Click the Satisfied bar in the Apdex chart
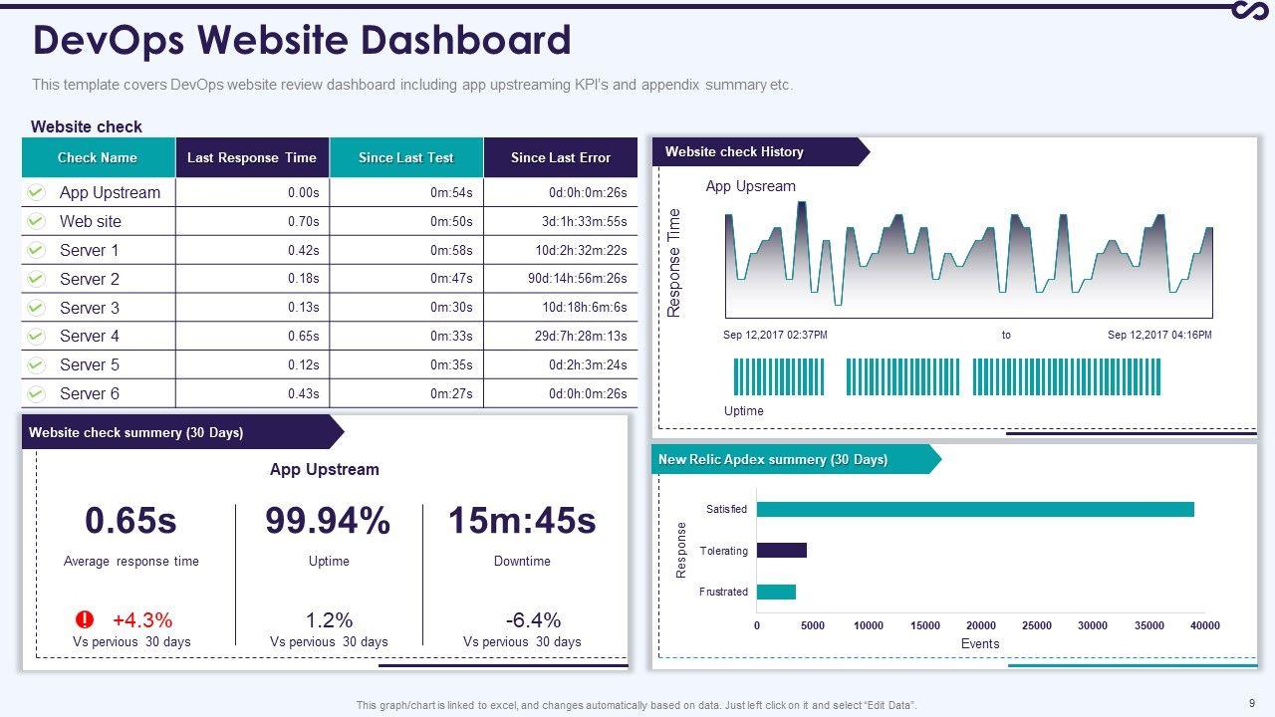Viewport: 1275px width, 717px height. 974,509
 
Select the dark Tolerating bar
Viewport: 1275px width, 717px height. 781,550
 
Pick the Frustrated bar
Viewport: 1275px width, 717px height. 776,592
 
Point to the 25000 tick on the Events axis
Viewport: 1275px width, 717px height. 1037,625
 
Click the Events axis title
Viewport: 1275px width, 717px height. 980,643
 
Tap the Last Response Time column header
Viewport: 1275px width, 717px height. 252,157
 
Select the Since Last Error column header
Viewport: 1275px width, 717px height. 560,157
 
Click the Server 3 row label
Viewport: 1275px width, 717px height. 90,308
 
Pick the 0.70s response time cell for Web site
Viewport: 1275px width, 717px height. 303,221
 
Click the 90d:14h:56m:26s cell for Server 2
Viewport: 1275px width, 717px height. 578,279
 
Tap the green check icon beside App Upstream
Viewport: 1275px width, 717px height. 36,192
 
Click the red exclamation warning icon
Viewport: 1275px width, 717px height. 86,619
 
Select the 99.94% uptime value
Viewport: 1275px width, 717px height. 328,521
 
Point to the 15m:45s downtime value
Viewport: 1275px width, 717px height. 522,521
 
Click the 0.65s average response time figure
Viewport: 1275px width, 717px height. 130,521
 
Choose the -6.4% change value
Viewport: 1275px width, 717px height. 533,619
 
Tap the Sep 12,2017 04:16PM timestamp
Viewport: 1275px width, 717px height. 1159,335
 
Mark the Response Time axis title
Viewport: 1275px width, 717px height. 674,263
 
